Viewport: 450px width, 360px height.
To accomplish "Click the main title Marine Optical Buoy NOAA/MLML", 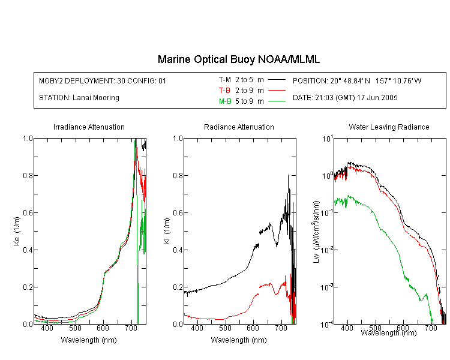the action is coord(238,59).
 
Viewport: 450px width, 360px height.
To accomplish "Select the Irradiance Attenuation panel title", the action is coord(89,127).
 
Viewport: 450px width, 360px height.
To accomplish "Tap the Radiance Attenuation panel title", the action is coord(239,127).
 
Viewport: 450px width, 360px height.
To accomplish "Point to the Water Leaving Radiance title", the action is coord(389,127).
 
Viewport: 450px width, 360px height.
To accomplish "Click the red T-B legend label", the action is coord(224,91).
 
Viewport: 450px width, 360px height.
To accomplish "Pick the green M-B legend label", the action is coord(225,101).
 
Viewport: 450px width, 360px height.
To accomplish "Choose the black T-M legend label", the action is coord(225,80).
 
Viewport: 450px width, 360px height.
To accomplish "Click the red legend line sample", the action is coord(277,91).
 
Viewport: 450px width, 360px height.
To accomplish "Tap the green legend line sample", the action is coord(277,101).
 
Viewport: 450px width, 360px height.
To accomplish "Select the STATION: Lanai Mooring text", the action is coord(79,98).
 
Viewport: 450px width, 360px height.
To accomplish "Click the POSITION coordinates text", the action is coord(357,80).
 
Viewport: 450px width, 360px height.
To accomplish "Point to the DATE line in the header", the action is coord(345,98).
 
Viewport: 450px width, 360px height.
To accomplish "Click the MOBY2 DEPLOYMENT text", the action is coord(103,80).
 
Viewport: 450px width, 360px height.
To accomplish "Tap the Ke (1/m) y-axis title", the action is coord(17,231).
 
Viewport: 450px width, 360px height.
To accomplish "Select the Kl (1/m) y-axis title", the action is coord(167,231).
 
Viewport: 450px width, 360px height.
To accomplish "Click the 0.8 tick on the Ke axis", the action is coord(28,175).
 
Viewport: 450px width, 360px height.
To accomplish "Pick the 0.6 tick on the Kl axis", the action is coord(178,213).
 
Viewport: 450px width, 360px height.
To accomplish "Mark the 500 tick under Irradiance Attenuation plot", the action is coord(75,328).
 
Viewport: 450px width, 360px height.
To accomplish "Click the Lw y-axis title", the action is coord(316,232).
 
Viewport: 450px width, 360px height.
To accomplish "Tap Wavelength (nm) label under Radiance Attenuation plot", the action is coord(239,340).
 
